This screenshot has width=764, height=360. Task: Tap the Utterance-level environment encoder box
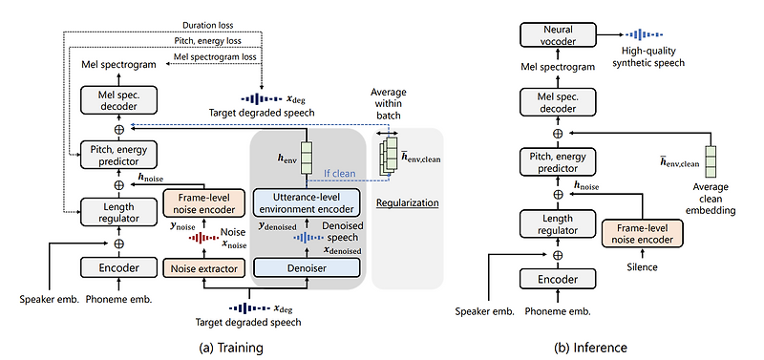[x=307, y=202]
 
